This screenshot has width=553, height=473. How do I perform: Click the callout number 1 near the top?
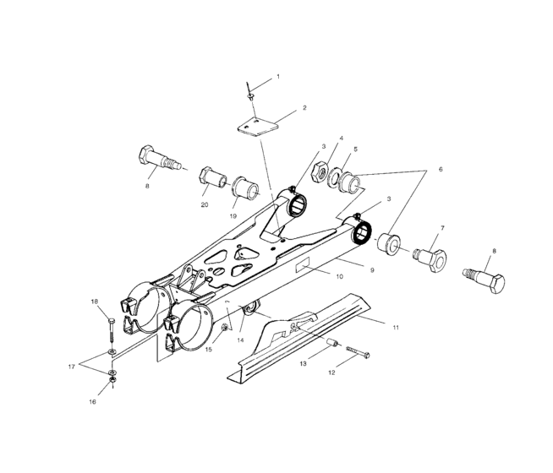point(278,77)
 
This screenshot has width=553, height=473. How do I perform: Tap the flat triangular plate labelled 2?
point(255,125)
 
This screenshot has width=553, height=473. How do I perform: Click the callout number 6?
point(439,170)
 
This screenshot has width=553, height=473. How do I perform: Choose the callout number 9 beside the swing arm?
point(371,269)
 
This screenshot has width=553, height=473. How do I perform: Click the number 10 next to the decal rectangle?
point(339,276)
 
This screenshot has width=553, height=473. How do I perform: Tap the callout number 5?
point(355,149)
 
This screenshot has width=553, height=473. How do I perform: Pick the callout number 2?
point(304,108)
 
